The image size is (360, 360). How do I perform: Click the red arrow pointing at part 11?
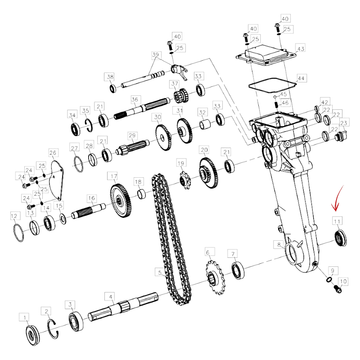click(x=337, y=198)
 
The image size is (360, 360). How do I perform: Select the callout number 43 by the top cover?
click(x=301, y=49)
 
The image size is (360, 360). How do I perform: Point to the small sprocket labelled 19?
click(x=186, y=180)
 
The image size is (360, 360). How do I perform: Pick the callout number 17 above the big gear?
click(x=114, y=176)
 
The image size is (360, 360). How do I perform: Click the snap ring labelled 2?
click(x=53, y=329)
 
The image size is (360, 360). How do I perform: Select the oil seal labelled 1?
click(x=32, y=335)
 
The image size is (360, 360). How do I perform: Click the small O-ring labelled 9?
click(x=329, y=279)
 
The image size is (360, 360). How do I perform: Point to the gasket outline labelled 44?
click(x=273, y=85)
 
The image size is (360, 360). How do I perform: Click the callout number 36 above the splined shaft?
click(x=135, y=99)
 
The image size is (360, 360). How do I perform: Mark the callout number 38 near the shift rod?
click(x=110, y=76)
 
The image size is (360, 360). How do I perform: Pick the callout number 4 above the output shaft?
click(x=111, y=297)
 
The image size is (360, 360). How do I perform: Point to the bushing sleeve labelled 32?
click(x=205, y=124)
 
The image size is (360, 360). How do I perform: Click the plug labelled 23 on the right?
click(x=341, y=136)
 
